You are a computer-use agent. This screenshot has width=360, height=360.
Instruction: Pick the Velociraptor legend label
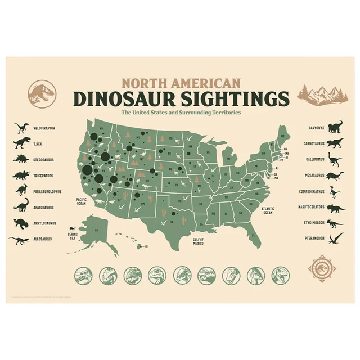pos(44,128)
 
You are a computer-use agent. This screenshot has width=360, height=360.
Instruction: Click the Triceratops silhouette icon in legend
pos(20,175)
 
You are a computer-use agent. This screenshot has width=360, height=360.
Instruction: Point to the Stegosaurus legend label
pos(44,160)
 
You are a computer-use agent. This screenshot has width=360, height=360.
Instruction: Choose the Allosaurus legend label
pos(42,239)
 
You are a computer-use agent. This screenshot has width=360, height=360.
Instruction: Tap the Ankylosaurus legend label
pos(44,223)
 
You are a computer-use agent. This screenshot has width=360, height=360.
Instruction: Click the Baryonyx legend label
pos(316,128)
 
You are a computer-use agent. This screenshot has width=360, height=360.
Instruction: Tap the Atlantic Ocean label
pos(267,210)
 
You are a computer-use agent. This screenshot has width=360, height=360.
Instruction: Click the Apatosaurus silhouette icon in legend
pos(21,206)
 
